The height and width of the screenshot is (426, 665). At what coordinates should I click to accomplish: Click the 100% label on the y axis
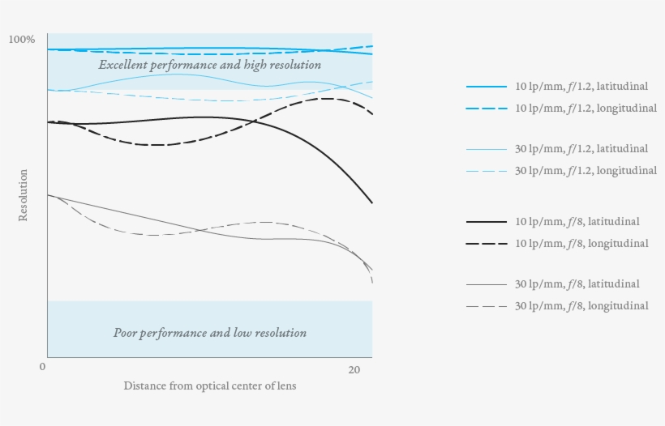click(x=21, y=40)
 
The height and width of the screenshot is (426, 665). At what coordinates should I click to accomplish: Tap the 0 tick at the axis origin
click(x=42, y=368)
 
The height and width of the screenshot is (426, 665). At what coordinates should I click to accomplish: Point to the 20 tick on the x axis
click(x=354, y=369)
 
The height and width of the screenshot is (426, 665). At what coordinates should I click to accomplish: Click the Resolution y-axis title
click(x=23, y=195)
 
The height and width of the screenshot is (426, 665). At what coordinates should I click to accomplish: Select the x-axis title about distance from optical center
click(x=210, y=386)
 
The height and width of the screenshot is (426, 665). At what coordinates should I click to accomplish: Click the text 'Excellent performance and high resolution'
click(x=210, y=65)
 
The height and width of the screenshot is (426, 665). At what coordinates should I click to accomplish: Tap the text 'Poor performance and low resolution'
click(x=210, y=333)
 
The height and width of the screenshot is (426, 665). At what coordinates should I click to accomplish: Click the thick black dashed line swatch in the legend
click(x=487, y=244)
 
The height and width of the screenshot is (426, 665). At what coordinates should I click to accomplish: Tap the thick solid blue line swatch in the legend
click(x=487, y=86)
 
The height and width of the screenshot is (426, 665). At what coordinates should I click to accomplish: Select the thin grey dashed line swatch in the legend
click(x=487, y=306)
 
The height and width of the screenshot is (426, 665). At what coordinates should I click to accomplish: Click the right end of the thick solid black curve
click(x=371, y=202)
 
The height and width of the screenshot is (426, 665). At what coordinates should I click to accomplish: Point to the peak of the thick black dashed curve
click(x=327, y=99)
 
